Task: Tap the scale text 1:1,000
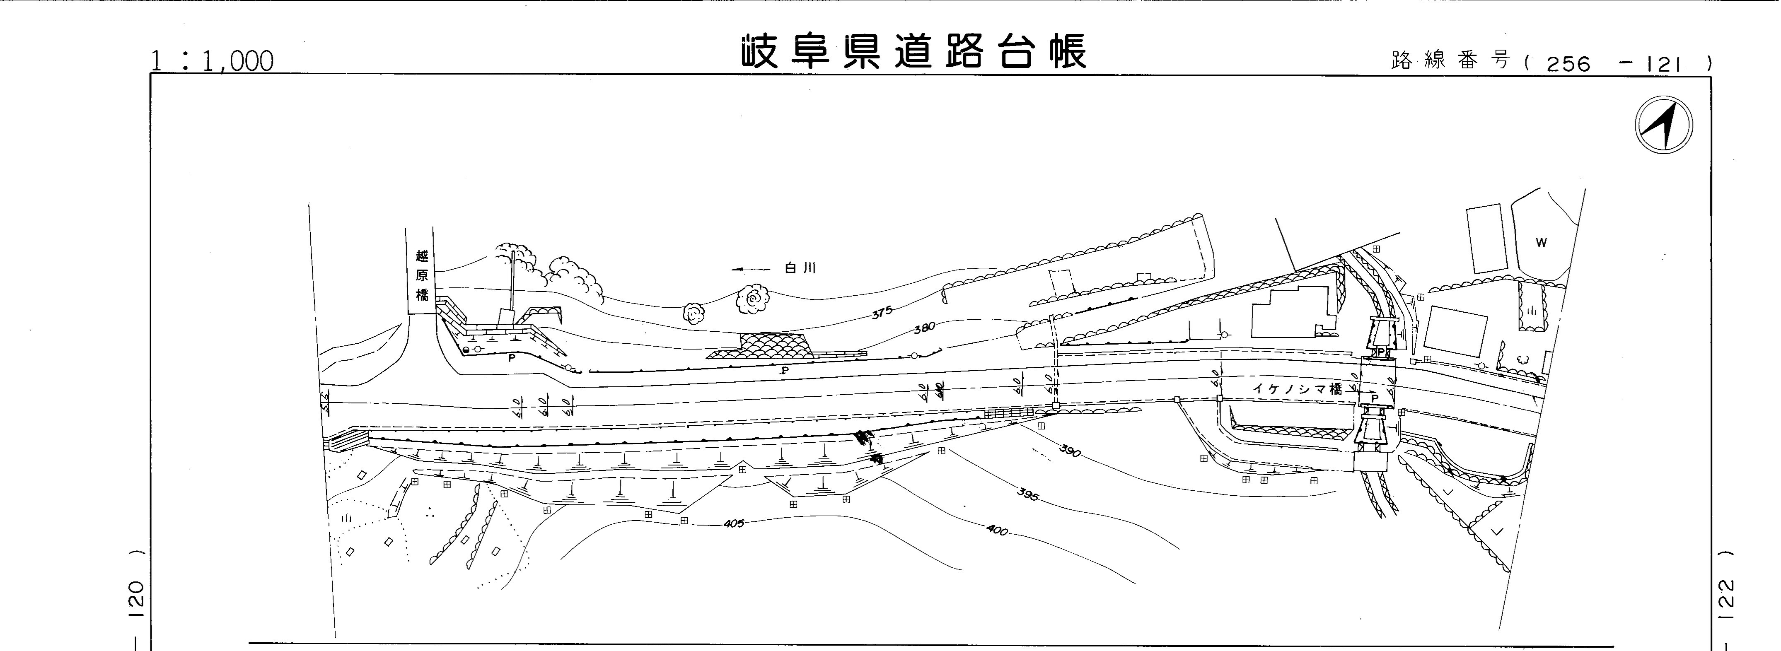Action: pyautogui.click(x=212, y=62)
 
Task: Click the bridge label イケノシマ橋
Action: pyautogui.click(x=1296, y=389)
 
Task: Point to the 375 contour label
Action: pyautogui.click(x=882, y=312)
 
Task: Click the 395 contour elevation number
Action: pyautogui.click(x=1028, y=494)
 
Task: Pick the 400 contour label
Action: pyautogui.click(x=997, y=531)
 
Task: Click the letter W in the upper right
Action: pyautogui.click(x=1541, y=243)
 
